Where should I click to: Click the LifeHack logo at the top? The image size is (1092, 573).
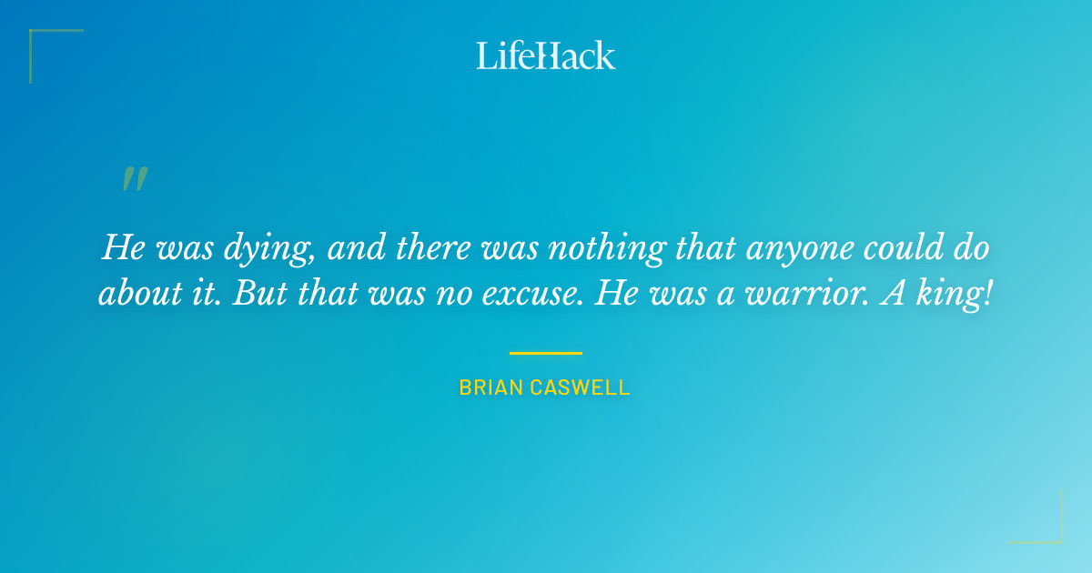point(546,55)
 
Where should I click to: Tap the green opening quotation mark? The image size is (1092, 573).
point(135,178)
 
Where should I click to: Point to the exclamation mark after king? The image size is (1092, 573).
point(987,297)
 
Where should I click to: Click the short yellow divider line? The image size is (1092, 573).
point(546,353)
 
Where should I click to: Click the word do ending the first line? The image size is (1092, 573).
point(971,247)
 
